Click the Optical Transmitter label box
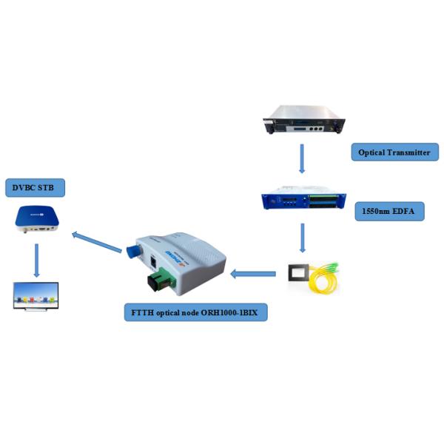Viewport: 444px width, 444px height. pyautogui.click(x=395, y=152)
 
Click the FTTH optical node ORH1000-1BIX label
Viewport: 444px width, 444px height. pyautogui.click(x=195, y=313)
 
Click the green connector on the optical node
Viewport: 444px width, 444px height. pyautogui.click(x=159, y=281)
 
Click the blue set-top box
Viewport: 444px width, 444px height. pyautogui.click(x=37, y=219)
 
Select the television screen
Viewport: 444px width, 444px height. pyautogui.click(x=36, y=295)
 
